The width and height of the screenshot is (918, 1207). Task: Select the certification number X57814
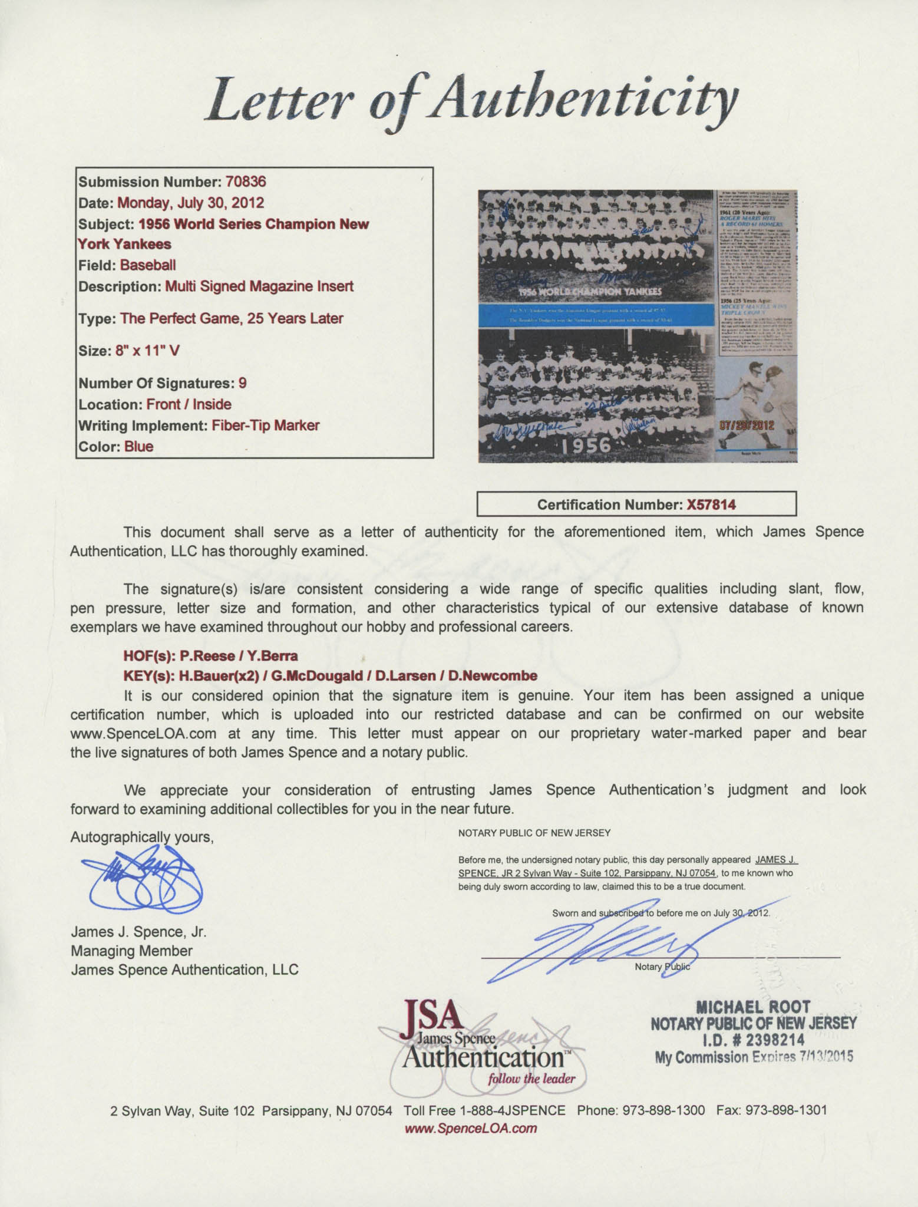point(711,504)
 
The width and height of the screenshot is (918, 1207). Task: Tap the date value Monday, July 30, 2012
point(190,203)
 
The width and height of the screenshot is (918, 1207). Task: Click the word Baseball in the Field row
point(148,265)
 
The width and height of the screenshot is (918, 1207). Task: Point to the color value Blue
point(138,446)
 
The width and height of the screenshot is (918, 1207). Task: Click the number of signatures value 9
point(242,383)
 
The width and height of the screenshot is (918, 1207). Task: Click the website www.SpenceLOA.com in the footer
point(471,1128)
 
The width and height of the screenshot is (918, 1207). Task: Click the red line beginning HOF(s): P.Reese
point(210,655)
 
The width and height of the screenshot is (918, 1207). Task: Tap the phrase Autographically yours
point(141,837)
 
